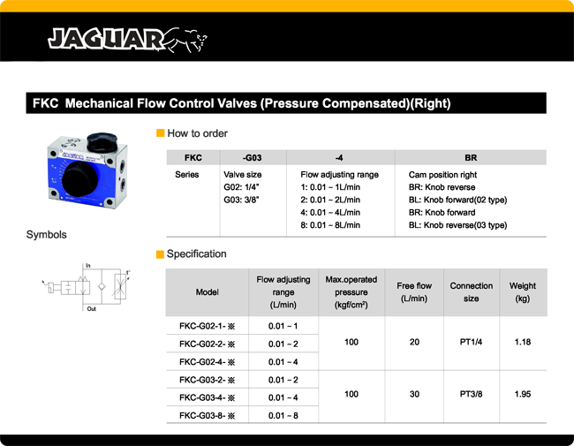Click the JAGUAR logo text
tap(106, 38)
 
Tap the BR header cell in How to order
tap(471, 157)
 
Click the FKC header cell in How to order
tap(193, 157)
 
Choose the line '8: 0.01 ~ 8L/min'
tap(330, 225)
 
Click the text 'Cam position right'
tap(443, 175)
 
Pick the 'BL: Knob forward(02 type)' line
tap(457, 200)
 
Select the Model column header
tap(207, 292)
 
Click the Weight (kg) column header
tap(523, 292)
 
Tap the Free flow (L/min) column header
tap(414, 292)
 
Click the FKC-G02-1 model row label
tap(208, 327)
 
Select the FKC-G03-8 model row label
tap(208, 414)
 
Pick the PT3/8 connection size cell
tap(471, 394)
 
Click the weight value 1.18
tap(523, 342)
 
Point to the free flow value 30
tap(414, 394)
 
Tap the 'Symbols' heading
tap(46, 235)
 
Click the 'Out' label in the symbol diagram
tap(91, 309)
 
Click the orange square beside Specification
tap(160, 254)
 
